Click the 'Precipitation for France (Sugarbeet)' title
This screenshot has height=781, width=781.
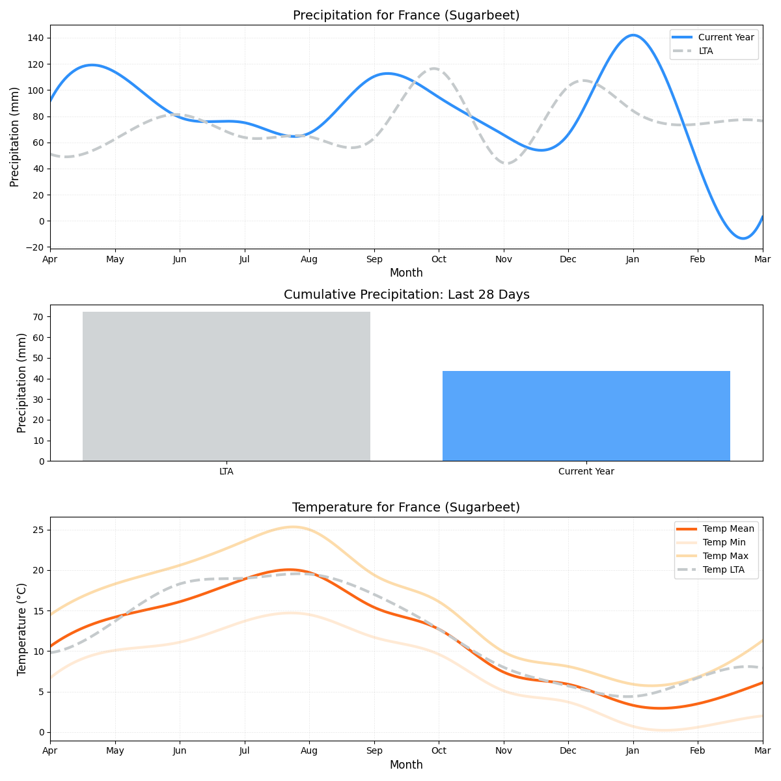point(406,16)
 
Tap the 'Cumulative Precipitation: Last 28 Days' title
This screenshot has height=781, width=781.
point(406,295)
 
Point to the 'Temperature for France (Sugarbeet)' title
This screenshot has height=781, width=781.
point(406,508)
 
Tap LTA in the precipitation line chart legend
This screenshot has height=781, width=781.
point(706,51)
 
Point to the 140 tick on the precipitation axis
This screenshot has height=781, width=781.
point(36,38)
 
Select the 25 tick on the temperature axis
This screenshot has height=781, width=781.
point(38,530)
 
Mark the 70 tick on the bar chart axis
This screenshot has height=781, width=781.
point(38,317)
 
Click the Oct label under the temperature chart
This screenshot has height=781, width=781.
point(439,751)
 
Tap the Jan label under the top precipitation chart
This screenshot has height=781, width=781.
point(633,259)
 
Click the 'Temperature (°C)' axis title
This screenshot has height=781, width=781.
point(22,629)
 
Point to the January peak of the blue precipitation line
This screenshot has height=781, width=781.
point(633,35)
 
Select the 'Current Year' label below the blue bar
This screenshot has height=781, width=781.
point(586,471)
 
